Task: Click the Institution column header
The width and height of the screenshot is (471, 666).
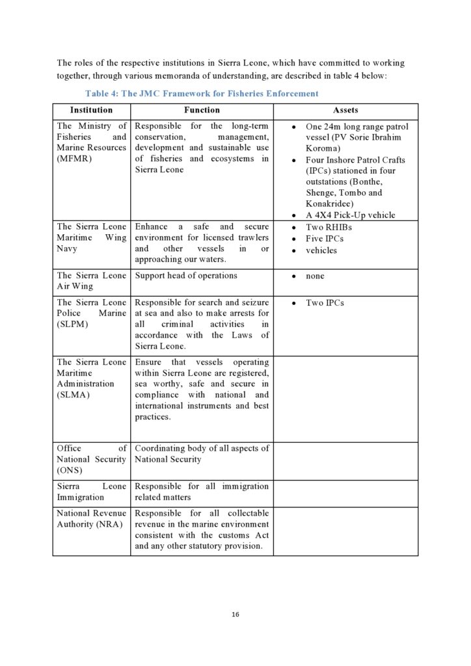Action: [91, 111]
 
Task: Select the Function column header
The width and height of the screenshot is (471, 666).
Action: [202, 111]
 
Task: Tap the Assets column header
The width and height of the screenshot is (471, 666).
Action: [345, 111]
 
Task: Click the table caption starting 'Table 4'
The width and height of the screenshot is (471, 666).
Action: [202, 94]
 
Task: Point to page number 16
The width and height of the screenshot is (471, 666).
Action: [235, 615]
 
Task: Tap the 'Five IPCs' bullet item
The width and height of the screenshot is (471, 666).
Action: [325, 239]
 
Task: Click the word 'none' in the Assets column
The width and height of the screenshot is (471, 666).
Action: [316, 276]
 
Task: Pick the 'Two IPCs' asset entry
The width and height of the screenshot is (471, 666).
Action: [325, 302]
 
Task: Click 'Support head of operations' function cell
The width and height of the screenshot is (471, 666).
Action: [186, 275]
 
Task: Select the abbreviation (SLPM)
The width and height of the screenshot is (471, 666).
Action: [74, 325]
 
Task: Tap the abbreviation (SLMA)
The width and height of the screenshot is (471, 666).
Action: [74, 395]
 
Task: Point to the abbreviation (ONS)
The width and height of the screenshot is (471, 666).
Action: [70, 470]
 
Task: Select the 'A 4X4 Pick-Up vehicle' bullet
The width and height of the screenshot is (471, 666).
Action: [350, 215]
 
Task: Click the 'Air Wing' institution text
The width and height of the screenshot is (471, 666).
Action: [75, 286]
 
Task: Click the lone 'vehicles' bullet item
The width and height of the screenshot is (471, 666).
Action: [321, 250]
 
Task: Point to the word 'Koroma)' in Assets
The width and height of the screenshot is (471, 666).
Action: [323, 148]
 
